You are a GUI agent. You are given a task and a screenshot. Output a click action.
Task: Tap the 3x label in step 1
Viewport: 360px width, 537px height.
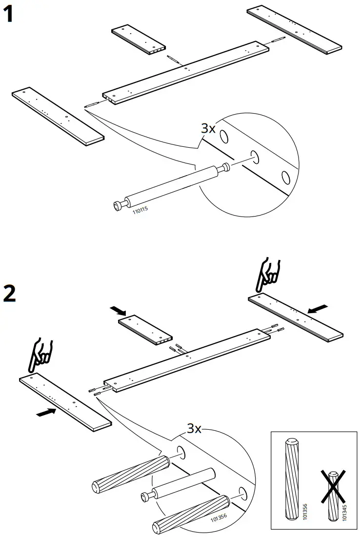pos(208,128)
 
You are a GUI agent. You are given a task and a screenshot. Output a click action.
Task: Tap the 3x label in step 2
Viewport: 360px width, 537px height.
pos(195,429)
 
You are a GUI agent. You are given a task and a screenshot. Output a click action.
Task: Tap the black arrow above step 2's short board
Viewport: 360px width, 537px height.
pos(118,310)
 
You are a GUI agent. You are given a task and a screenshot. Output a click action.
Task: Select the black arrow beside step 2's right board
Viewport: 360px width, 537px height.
pos(318,308)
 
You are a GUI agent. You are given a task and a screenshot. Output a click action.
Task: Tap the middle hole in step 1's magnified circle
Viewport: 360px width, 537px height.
pos(254,156)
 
